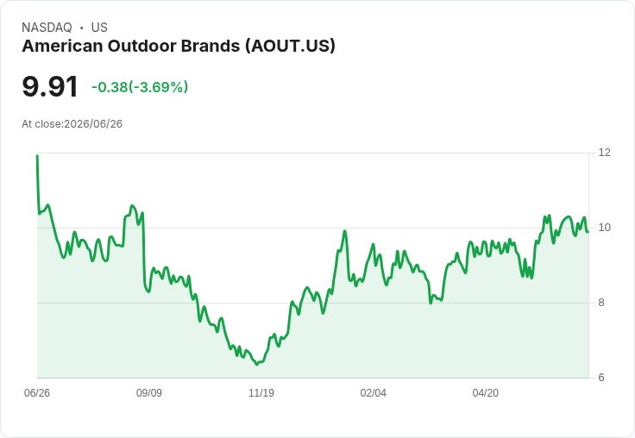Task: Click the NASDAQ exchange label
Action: [47, 28]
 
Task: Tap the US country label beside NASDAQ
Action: [99, 28]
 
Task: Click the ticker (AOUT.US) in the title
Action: [290, 47]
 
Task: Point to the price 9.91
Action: [50, 86]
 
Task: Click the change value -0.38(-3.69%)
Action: [140, 87]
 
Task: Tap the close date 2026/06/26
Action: [93, 124]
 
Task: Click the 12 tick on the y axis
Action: [604, 153]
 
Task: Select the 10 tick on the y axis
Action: [604, 228]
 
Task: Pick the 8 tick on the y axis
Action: [601, 303]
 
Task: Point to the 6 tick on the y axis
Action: [601, 378]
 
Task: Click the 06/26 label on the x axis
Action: [37, 393]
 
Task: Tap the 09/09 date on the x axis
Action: [149, 393]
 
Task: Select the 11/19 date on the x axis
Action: [261, 393]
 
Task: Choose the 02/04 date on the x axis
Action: [374, 393]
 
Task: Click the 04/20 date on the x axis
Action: [486, 393]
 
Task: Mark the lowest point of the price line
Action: [257, 365]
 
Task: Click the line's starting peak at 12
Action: [37, 155]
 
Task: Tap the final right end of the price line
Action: [588, 232]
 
